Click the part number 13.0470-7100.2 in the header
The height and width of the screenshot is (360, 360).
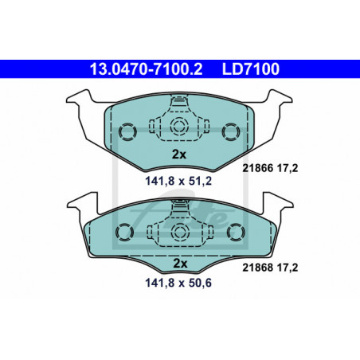146,69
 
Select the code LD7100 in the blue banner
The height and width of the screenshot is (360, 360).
251,69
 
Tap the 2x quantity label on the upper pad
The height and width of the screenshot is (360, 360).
179,154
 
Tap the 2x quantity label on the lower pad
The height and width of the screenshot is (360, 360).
180,264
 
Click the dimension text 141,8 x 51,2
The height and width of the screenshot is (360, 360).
178,181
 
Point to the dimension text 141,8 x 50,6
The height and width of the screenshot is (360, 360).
178,283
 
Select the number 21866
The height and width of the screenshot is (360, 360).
257,168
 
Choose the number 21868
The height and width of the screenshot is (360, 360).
257,268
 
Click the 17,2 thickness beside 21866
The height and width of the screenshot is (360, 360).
288,168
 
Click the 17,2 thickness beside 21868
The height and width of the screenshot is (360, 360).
288,268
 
